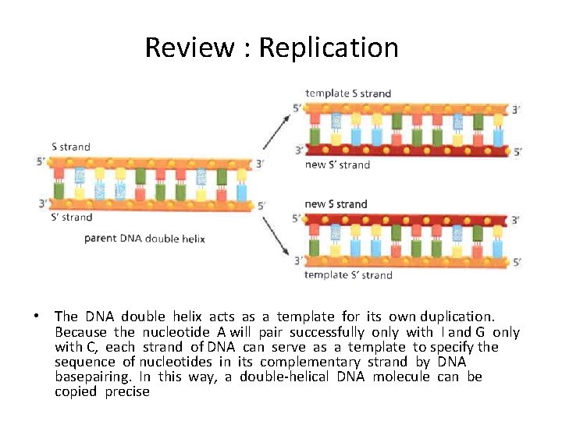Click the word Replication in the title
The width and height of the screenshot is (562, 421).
pyautogui.click(x=328, y=48)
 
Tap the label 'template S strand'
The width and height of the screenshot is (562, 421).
pyautogui.click(x=348, y=94)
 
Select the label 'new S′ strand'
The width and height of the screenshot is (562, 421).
pyautogui.click(x=337, y=165)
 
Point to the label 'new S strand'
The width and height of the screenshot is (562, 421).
pyautogui.click(x=336, y=204)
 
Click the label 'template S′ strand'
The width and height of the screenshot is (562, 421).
pyautogui.click(x=348, y=274)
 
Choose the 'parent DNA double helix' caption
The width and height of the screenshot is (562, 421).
pyautogui.click(x=144, y=239)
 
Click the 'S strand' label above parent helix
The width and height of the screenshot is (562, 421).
pyautogui.click(x=71, y=147)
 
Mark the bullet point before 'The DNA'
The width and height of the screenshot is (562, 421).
pyautogui.click(x=37, y=317)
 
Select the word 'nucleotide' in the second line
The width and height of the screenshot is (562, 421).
pyautogui.click(x=176, y=332)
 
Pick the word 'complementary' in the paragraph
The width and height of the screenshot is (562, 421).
pyautogui.click(x=302, y=362)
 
